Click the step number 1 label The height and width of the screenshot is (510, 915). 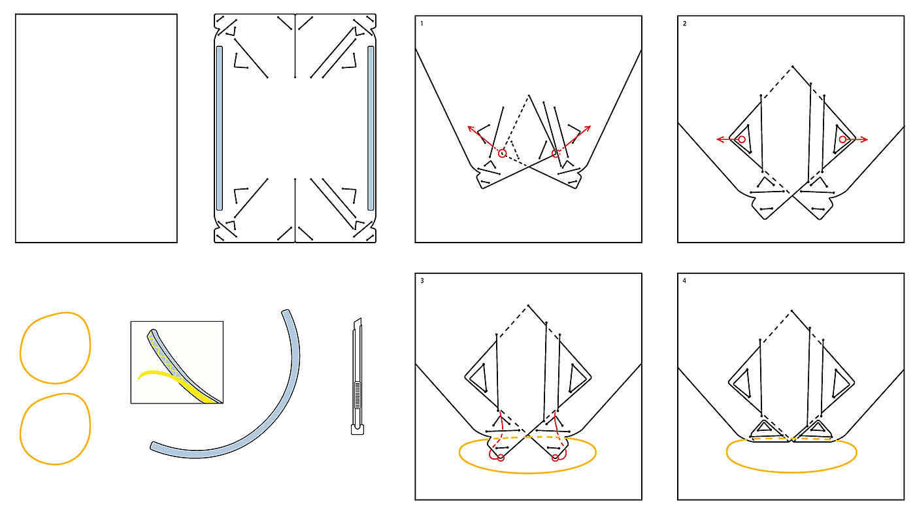(x=422, y=24)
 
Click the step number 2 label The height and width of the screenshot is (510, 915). (x=685, y=24)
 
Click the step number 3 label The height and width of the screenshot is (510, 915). (x=422, y=280)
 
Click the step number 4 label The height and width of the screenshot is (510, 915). (x=685, y=280)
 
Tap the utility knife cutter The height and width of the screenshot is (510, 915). (x=358, y=376)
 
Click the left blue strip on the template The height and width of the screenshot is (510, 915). (x=220, y=128)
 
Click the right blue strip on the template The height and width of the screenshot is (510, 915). (x=371, y=128)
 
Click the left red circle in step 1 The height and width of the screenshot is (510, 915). (x=503, y=153)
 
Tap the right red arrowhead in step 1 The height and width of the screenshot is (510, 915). (x=588, y=129)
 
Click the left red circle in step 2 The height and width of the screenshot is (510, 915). (x=742, y=139)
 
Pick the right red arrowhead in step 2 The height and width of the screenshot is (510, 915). (x=864, y=139)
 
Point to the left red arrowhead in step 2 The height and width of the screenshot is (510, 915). (x=720, y=139)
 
